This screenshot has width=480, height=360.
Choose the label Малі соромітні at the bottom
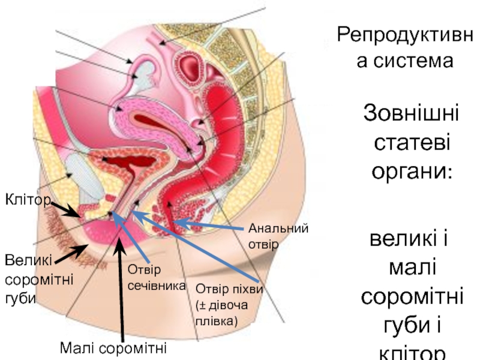(113, 348)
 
